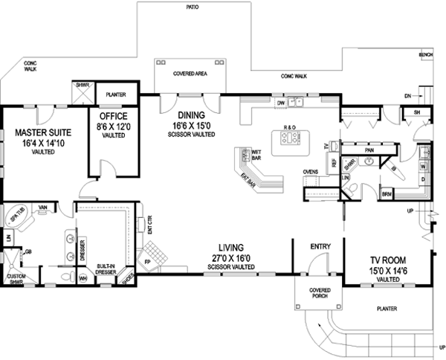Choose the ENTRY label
[x=320, y=246]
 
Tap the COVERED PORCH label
[x=320, y=295]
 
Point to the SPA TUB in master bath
[x=16, y=217]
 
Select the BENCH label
[x=425, y=55]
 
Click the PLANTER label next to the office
[x=115, y=95]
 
